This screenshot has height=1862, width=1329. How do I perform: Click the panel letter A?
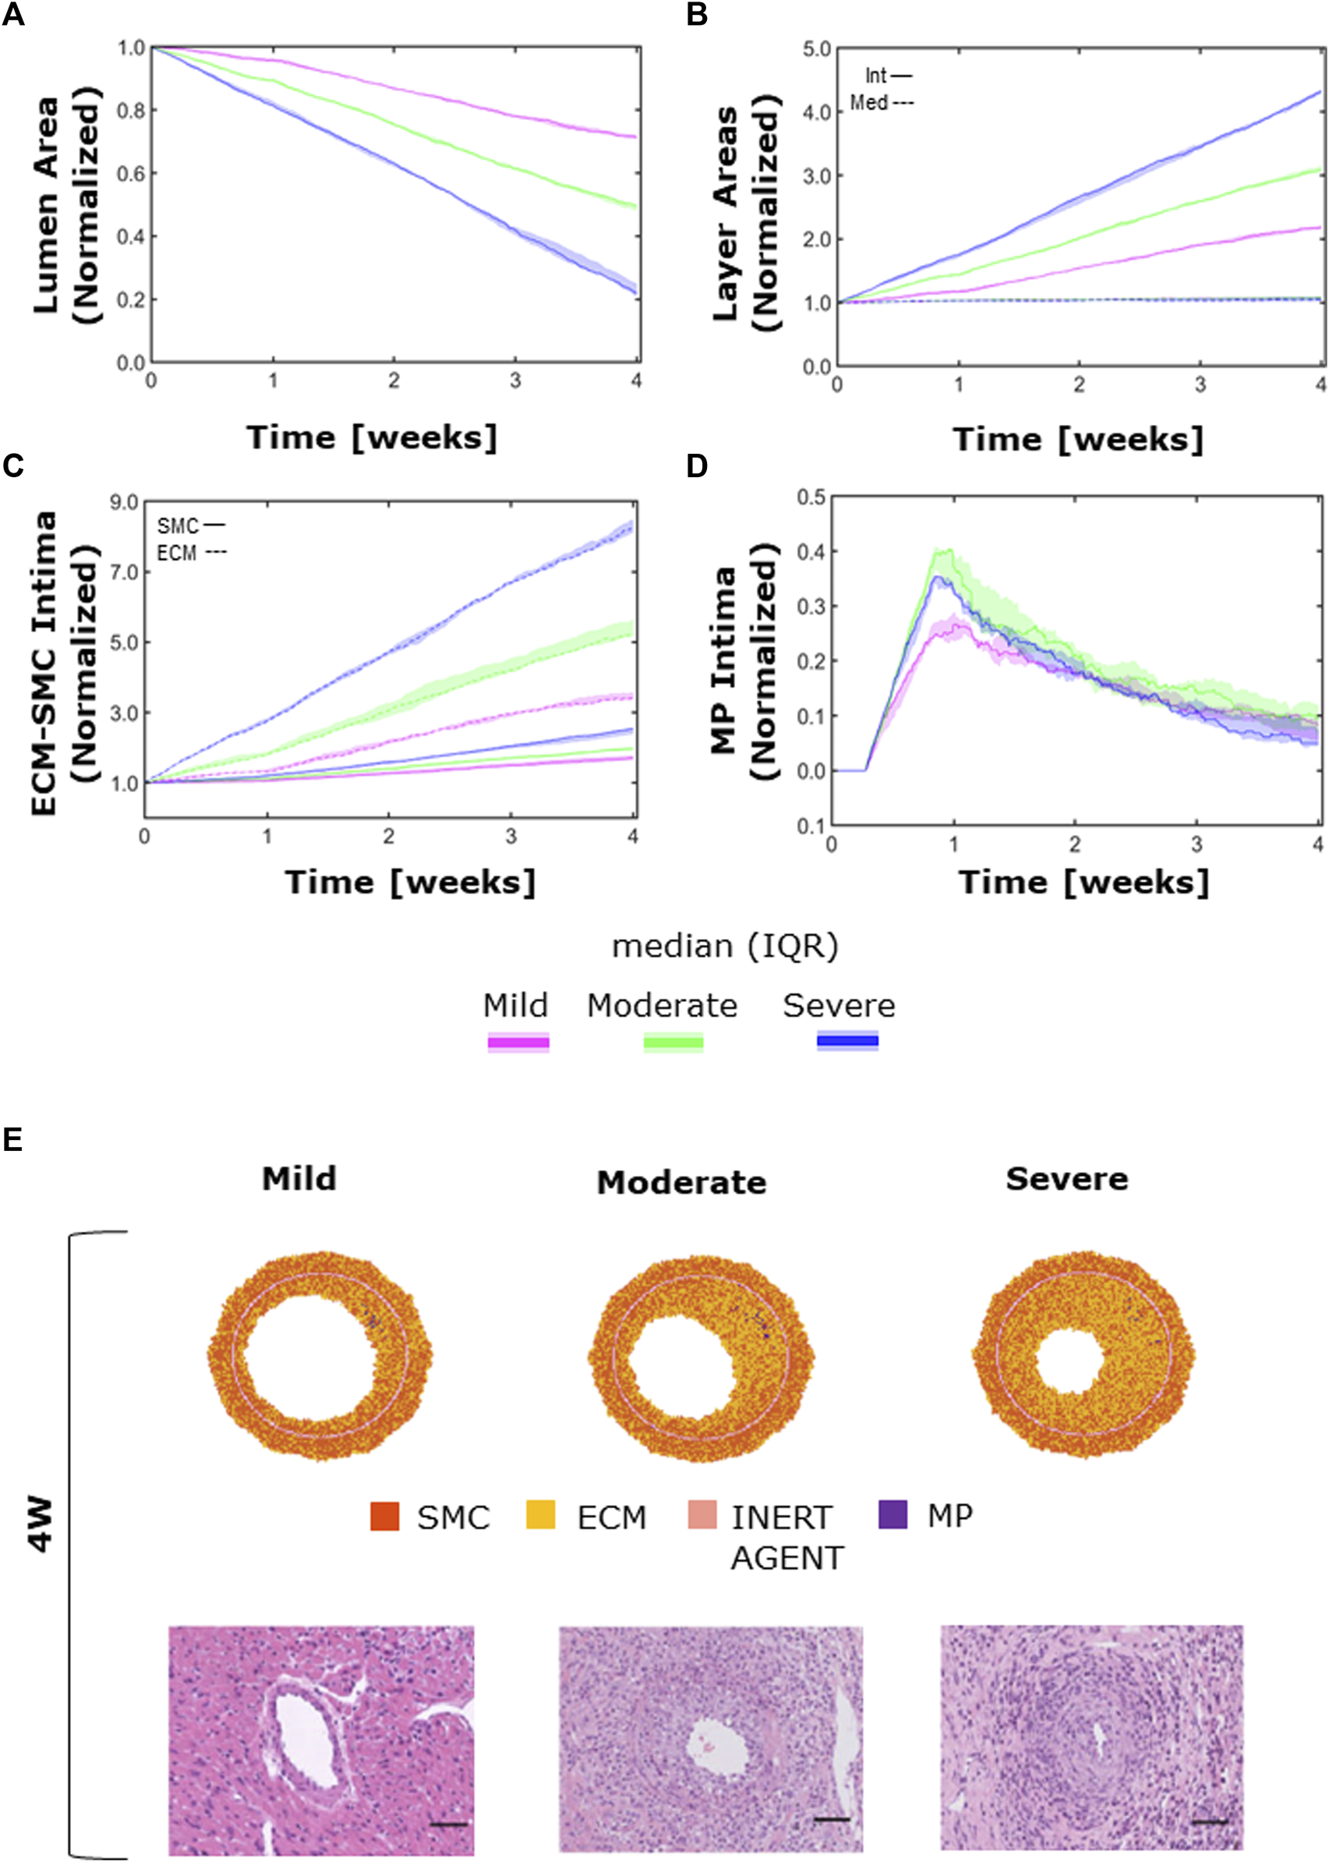coord(13,14)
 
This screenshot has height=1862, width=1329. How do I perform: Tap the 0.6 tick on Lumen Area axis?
coord(131,174)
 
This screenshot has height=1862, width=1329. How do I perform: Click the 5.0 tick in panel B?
coord(816,49)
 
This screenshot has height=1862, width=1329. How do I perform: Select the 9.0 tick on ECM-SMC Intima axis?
coord(125,501)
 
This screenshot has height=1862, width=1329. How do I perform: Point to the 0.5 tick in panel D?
coord(811,497)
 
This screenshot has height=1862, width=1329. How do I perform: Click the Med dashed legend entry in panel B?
coord(882,103)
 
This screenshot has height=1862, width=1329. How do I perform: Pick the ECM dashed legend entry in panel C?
coord(191,554)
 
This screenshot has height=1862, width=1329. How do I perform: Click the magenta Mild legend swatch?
coord(518,1042)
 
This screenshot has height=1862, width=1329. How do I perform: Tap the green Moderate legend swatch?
coord(673,1042)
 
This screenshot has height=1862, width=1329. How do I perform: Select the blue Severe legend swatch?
coord(847,1041)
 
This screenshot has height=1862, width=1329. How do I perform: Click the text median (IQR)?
coord(725,946)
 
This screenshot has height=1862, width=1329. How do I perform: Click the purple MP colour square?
coord(892,1515)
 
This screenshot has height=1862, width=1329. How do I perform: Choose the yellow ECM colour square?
coord(540,1515)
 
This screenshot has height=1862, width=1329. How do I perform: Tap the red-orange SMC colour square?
coord(384,1516)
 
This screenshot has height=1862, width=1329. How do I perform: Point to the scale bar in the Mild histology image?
coord(447,1825)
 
